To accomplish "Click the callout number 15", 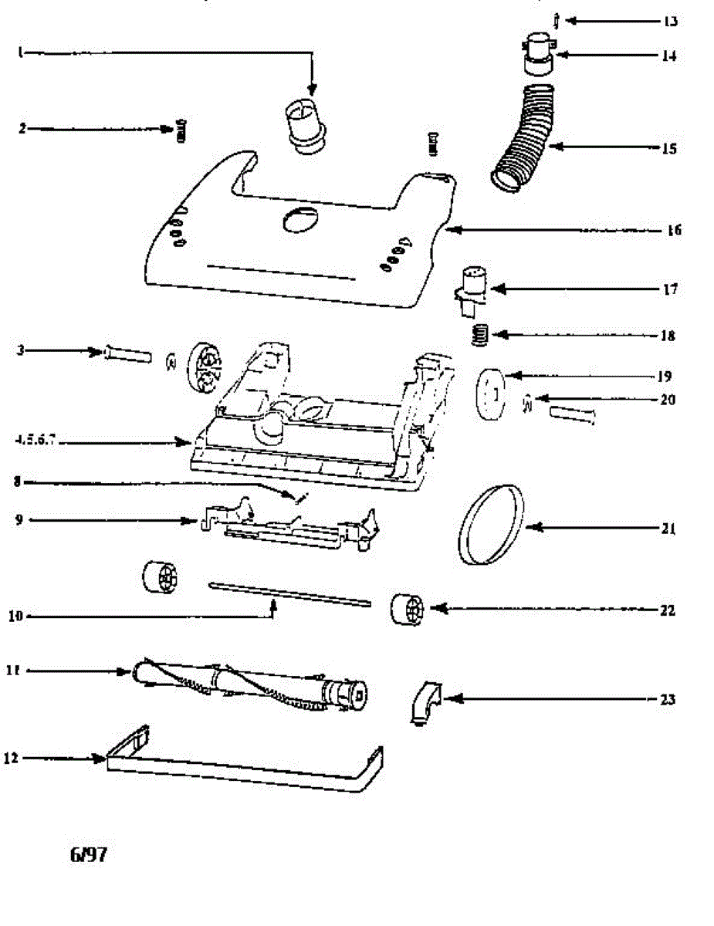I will pyautogui.click(x=668, y=148).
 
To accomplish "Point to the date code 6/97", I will pyautogui.click(x=88, y=855).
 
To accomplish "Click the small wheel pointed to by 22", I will pyautogui.click(x=407, y=610).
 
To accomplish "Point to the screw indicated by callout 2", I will pyautogui.click(x=183, y=131).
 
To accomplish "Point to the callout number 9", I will pyautogui.click(x=19, y=520).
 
